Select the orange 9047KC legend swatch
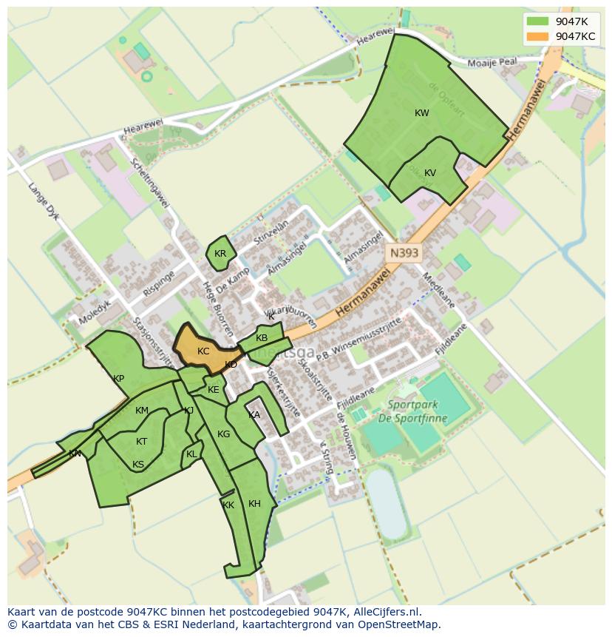click(x=537, y=36)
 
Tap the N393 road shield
click(x=404, y=253)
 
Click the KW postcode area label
click(x=422, y=113)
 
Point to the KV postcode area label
click(x=430, y=173)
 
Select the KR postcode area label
click(x=220, y=254)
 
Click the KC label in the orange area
click(x=203, y=351)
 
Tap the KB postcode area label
click(x=262, y=338)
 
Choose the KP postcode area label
click(x=118, y=379)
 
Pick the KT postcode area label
click(x=142, y=442)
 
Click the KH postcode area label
click(x=254, y=504)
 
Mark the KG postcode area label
click(x=224, y=434)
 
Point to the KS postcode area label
click(x=138, y=465)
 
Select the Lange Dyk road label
click(x=43, y=204)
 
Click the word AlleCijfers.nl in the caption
click(x=385, y=612)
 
